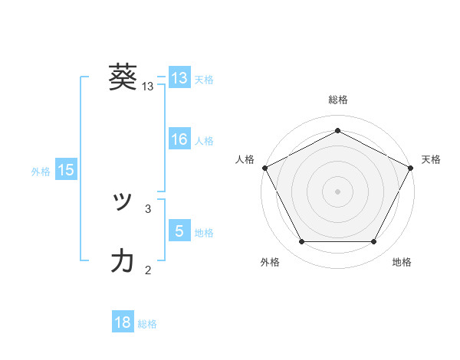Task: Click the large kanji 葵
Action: tap(123, 77)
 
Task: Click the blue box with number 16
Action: tap(179, 139)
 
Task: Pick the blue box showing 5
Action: tap(179, 231)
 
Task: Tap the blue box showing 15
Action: tap(66, 170)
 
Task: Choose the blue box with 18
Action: tap(123, 322)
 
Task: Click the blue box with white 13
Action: tap(179, 77)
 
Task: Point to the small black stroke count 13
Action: tap(148, 87)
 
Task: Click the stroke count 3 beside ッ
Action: tap(148, 208)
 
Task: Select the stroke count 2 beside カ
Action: tap(148, 269)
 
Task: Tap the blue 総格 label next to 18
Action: tap(147, 324)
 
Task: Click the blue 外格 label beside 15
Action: tap(41, 172)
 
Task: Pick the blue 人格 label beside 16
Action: tap(204, 141)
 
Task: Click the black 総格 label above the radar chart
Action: tap(338, 100)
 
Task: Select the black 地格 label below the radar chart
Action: tap(402, 262)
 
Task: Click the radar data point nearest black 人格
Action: tap(264, 167)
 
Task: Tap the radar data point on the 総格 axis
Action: tap(338, 130)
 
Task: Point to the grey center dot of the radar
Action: tap(338, 191)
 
